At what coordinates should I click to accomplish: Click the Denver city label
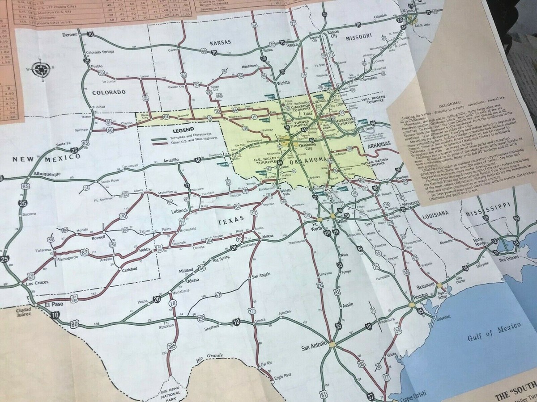click(71, 35)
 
